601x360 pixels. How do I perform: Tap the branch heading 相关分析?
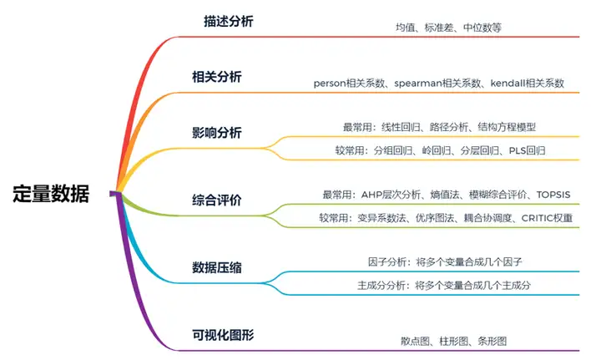pyautogui.click(x=216, y=77)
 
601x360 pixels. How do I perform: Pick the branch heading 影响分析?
pyautogui.click(x=216, y=133)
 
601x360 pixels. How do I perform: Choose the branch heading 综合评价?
pyautogui.click(x=216, y=200)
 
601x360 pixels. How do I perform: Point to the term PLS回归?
pyautogui.click(x=528, y=151)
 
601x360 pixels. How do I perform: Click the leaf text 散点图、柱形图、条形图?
pyautogui.click(x=453, y=341)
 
